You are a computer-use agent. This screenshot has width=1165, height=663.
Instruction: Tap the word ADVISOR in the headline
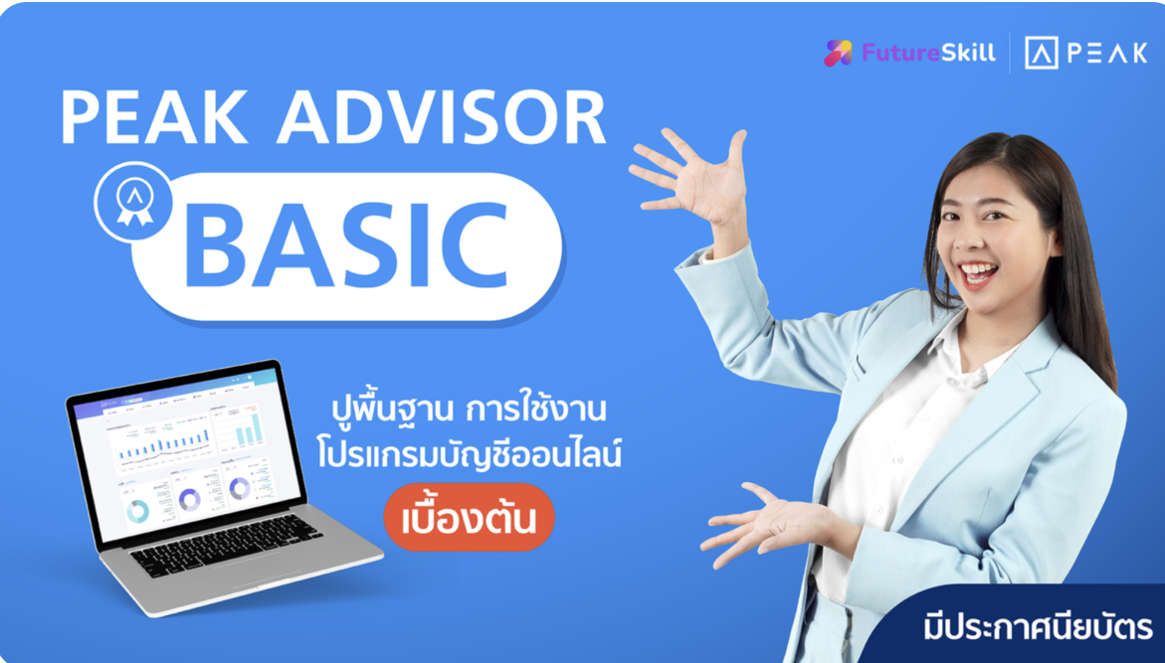(x=441, y=119)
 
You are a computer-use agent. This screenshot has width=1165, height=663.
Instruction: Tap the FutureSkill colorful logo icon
(x=839, y=53)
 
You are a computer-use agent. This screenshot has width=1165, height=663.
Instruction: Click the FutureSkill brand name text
(x=927, y=54)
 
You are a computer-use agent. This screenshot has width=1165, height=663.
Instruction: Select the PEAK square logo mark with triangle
(x=1042, y=54)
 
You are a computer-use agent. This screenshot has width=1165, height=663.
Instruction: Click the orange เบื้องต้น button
(x=468, y=518)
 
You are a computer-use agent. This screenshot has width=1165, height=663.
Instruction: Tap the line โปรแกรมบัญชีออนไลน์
(x=469, y=458)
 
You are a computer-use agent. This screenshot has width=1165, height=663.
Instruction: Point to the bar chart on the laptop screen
(x=159, y=443)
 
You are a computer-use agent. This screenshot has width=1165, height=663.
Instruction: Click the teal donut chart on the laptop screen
(x=137, y=510)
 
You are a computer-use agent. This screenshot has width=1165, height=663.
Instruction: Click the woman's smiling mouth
(x=977, y=272)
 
